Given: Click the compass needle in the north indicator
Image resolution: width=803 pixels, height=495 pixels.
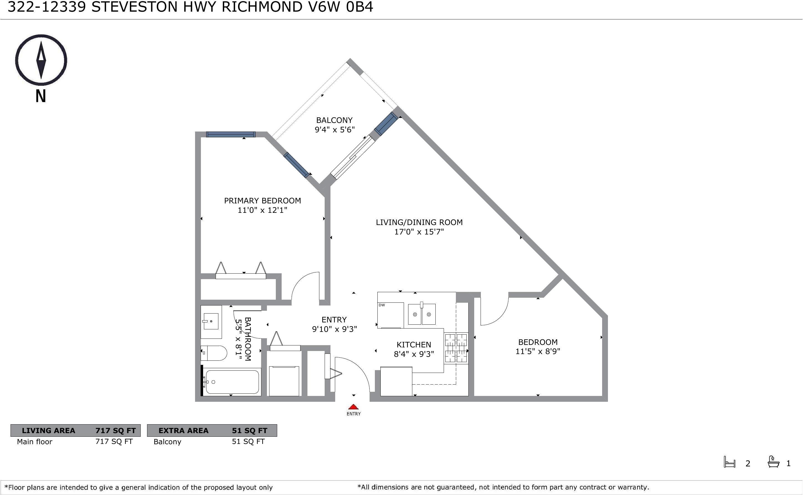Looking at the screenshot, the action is point(41,60).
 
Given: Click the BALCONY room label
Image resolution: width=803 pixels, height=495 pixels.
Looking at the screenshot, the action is point(334,120).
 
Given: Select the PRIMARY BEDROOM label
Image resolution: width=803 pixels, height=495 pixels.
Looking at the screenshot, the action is point(262,201).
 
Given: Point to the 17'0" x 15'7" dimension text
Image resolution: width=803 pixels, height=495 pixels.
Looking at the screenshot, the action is point(419,232).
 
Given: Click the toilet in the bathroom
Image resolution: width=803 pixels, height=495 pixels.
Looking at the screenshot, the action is point(213,353).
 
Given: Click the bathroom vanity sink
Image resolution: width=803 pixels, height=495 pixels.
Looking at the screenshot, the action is point(211,322).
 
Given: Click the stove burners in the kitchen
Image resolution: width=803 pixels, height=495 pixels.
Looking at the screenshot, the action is point(456,348).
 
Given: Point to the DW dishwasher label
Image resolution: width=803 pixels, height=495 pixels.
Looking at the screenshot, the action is point(382,305).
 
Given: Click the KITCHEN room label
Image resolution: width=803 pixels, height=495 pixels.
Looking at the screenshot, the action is point(414,345).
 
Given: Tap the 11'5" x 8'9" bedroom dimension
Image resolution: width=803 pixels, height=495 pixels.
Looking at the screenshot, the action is point(538,351).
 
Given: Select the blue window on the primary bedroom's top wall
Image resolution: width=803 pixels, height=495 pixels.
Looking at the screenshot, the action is point(231,134).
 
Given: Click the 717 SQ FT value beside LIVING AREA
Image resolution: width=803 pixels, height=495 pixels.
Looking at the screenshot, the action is point(115,431).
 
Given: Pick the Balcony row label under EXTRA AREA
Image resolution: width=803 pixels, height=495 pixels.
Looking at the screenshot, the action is point(167,442).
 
